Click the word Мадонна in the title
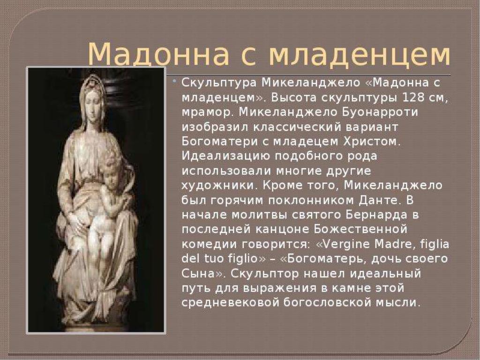[158, 54]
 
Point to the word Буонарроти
[380, 112]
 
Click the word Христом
[372, 142]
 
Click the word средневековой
[230, 303]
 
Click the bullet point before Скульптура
[174, 82]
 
